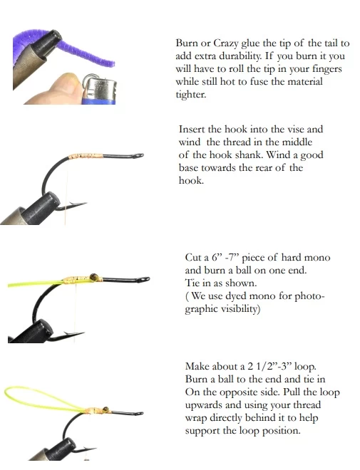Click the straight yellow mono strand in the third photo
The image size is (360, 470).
32,283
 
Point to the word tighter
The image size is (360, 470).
190,95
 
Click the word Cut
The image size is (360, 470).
193,257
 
